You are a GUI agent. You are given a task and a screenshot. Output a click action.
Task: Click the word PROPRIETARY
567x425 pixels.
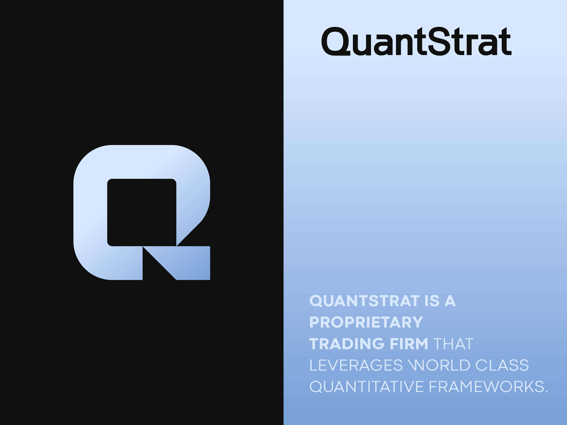pos(366,322)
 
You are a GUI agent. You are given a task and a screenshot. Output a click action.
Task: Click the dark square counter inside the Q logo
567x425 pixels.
pos(142,212)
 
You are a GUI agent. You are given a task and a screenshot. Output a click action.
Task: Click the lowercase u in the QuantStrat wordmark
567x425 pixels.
pos(362,45)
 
